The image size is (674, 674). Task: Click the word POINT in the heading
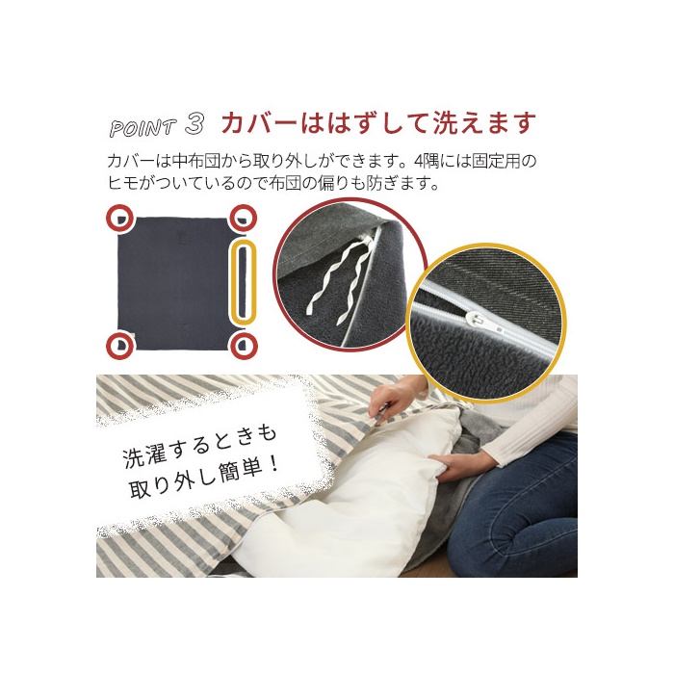[x=143, y=128]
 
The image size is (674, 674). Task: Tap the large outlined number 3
[x=194, y=124]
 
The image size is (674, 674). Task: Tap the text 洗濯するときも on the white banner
[x=199, y=446]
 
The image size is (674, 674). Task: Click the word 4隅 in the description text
[x=426, y=162]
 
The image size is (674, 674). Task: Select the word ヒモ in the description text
[x=122, y=183]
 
